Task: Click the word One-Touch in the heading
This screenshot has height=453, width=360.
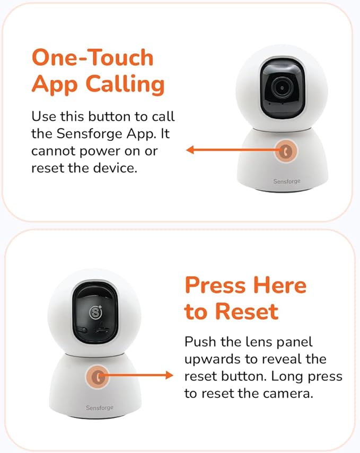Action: pos(93,57)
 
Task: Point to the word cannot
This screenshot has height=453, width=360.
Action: pos(54,151)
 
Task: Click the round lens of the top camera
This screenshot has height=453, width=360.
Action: pos(282,87)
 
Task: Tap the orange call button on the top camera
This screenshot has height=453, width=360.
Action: pos(287,150)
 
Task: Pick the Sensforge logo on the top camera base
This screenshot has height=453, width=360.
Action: pos(287,181)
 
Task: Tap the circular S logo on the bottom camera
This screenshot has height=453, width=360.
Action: pos(95,312)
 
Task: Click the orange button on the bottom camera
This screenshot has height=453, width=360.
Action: pos(96,376)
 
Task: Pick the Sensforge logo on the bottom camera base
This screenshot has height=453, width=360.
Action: pos(100,407)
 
